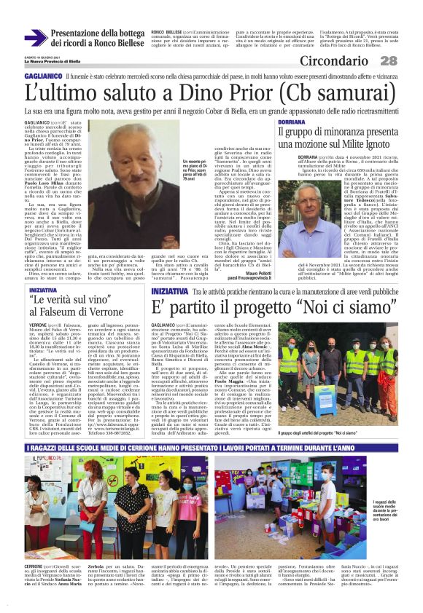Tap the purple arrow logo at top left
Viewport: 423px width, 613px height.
tap(35, 38)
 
